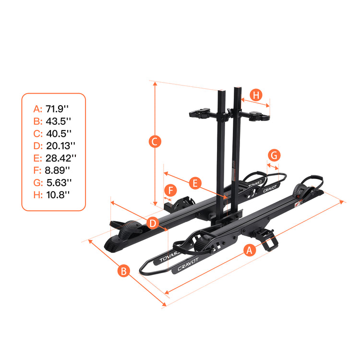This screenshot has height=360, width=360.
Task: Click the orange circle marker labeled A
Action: pos(249,250)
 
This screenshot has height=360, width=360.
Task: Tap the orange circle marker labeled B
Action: pos(124,271)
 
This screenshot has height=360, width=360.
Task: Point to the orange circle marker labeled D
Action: pos(152,223)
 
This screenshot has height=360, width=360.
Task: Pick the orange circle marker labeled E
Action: pos(194,183)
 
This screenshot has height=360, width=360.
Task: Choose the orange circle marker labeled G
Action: pos(274,156)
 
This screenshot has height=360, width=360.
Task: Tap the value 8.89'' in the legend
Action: pos(58,170)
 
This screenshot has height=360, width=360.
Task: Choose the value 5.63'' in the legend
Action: pos(59,182)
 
